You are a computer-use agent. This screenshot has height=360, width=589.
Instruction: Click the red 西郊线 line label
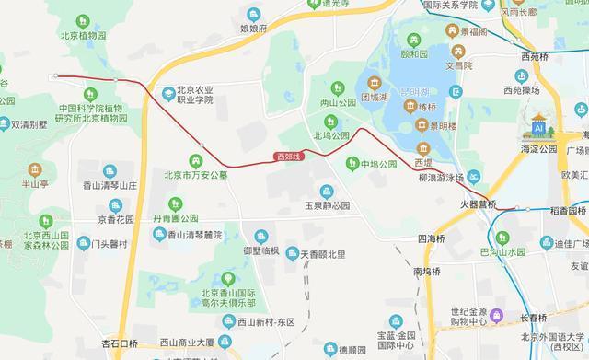click(289, 157)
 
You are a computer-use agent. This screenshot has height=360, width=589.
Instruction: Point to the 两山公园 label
click(337, 102)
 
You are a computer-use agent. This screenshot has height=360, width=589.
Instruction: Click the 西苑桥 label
click(535, 56)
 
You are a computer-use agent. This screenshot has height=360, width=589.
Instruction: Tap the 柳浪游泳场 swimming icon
click(473, 177)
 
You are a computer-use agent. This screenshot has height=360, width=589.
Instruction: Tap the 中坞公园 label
click(377, 165)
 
